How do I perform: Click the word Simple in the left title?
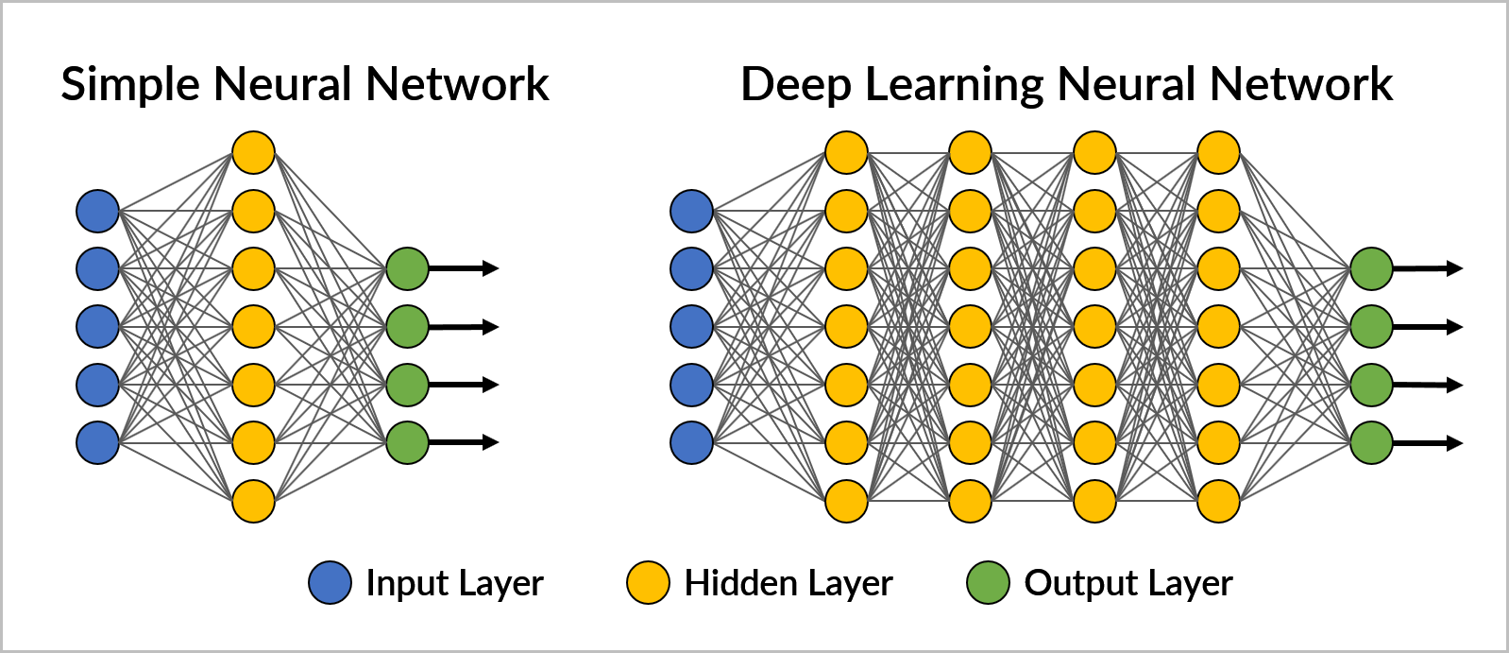click(130, 85)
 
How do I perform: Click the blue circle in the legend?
click(330, 582)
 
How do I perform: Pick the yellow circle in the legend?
click(648, 582)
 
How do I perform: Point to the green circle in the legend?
click(988, 582)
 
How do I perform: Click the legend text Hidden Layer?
click(788, 583)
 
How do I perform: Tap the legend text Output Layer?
click(1128, 583)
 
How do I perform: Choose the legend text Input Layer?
click(454, 583)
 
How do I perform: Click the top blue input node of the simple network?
click(97, 211)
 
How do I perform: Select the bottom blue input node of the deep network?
click(691, 442)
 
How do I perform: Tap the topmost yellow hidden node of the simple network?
click(253, 152)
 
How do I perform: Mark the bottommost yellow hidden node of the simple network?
click(253, 501)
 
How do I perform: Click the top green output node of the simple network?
click(407, 268)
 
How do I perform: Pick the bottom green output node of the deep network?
click(1371, 442)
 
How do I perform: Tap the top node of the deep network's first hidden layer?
click(846, 152)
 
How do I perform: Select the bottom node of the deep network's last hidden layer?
click(1218, 501)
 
